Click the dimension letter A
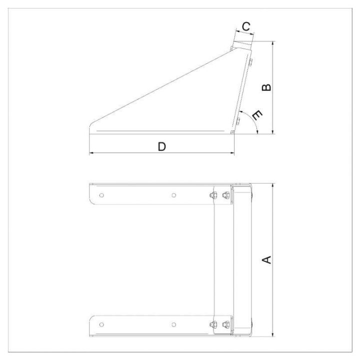click(x=267, y=260)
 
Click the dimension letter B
click(x=266, y=87)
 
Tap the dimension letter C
click(x=246, y=26)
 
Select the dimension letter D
click(x=162, y=146)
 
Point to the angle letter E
click(x=257, y=115)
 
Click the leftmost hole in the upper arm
click(x=101, y=195)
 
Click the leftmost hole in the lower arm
click(x=101, y=324)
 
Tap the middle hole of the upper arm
click(x=174, y=195)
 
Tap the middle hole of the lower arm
click(x=174, y=324)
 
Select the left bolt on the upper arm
click(x=213, y=195)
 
